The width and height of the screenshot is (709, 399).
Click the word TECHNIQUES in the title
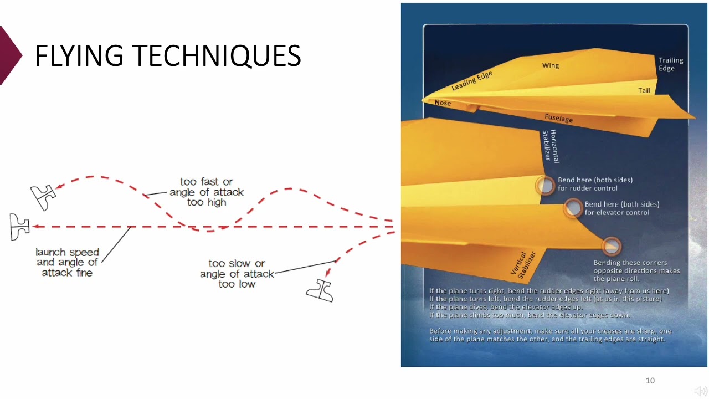tap(216, 55)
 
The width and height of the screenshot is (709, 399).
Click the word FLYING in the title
tap(79, 55)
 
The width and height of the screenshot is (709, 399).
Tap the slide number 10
tap(650, 380)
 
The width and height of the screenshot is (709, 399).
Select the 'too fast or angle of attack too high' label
tap(207, 192)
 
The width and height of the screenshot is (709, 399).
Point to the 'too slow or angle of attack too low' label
tap(237, 274)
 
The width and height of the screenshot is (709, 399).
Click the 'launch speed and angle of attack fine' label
tap(67, 262)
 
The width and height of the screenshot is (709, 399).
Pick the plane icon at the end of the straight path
tap(19, 227)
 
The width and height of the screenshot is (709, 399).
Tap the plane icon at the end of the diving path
tap(320, 290)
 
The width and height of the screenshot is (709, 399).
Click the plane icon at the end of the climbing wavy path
tap(43, 197)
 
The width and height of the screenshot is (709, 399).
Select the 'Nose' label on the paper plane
tap(443, 103)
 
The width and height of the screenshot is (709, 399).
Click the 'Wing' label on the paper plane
tap(550, 65)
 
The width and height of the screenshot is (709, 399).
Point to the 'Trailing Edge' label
tap(670, 64)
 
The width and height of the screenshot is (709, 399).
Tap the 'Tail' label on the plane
tap(644, 90)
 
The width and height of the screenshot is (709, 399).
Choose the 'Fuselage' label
tap(558, 118)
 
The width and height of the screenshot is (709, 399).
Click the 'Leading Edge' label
tap(471, 81)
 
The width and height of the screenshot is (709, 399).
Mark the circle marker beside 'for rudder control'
tap(546, 186)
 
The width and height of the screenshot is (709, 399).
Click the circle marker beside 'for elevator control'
tap(573, 208)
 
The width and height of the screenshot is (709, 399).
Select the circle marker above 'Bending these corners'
tap(611, 246)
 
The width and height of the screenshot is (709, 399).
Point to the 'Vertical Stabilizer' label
tap(523, 263)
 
